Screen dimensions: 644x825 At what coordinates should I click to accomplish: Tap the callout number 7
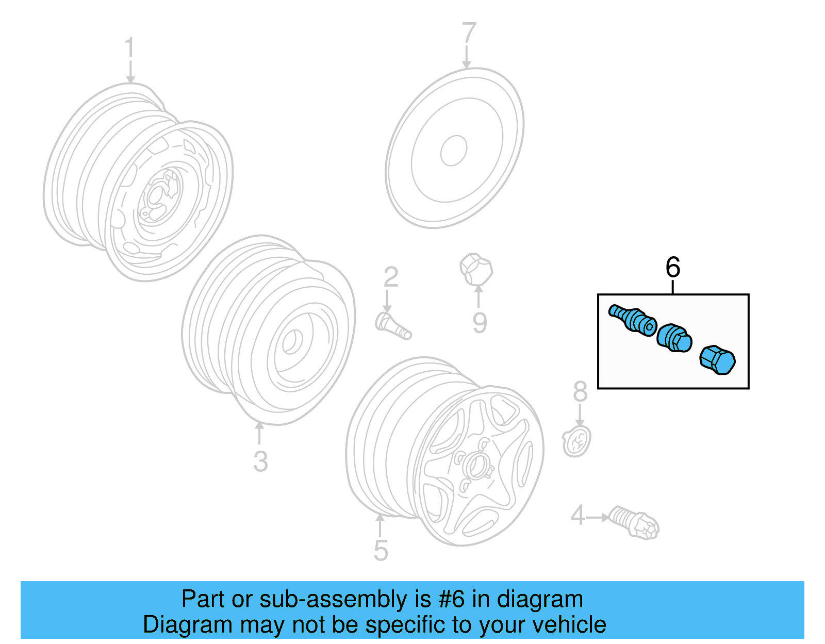(468, 33)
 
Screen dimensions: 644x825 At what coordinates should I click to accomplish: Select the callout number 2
(391, 277)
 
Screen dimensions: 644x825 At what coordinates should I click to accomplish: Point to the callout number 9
(480, 322)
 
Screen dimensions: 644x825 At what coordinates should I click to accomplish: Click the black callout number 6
(673, 268)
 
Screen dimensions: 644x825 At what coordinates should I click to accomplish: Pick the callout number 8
(580, 392)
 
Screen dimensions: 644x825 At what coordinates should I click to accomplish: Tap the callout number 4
(577, 515)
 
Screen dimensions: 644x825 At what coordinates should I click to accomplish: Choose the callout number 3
(260, 461)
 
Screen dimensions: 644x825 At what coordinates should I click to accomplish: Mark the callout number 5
(381, 550)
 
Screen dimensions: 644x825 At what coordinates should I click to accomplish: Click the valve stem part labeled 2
(393, 327)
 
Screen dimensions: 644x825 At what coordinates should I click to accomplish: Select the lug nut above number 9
(476, 269)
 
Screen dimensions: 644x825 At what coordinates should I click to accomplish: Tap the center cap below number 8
(576, 441)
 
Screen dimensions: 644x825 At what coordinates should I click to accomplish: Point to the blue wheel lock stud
(632, 319)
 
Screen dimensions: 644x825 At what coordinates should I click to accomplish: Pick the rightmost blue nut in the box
(717, 359)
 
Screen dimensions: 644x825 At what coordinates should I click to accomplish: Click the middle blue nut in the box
(674, 338)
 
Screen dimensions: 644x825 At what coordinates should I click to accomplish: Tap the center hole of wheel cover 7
(454, 151)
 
